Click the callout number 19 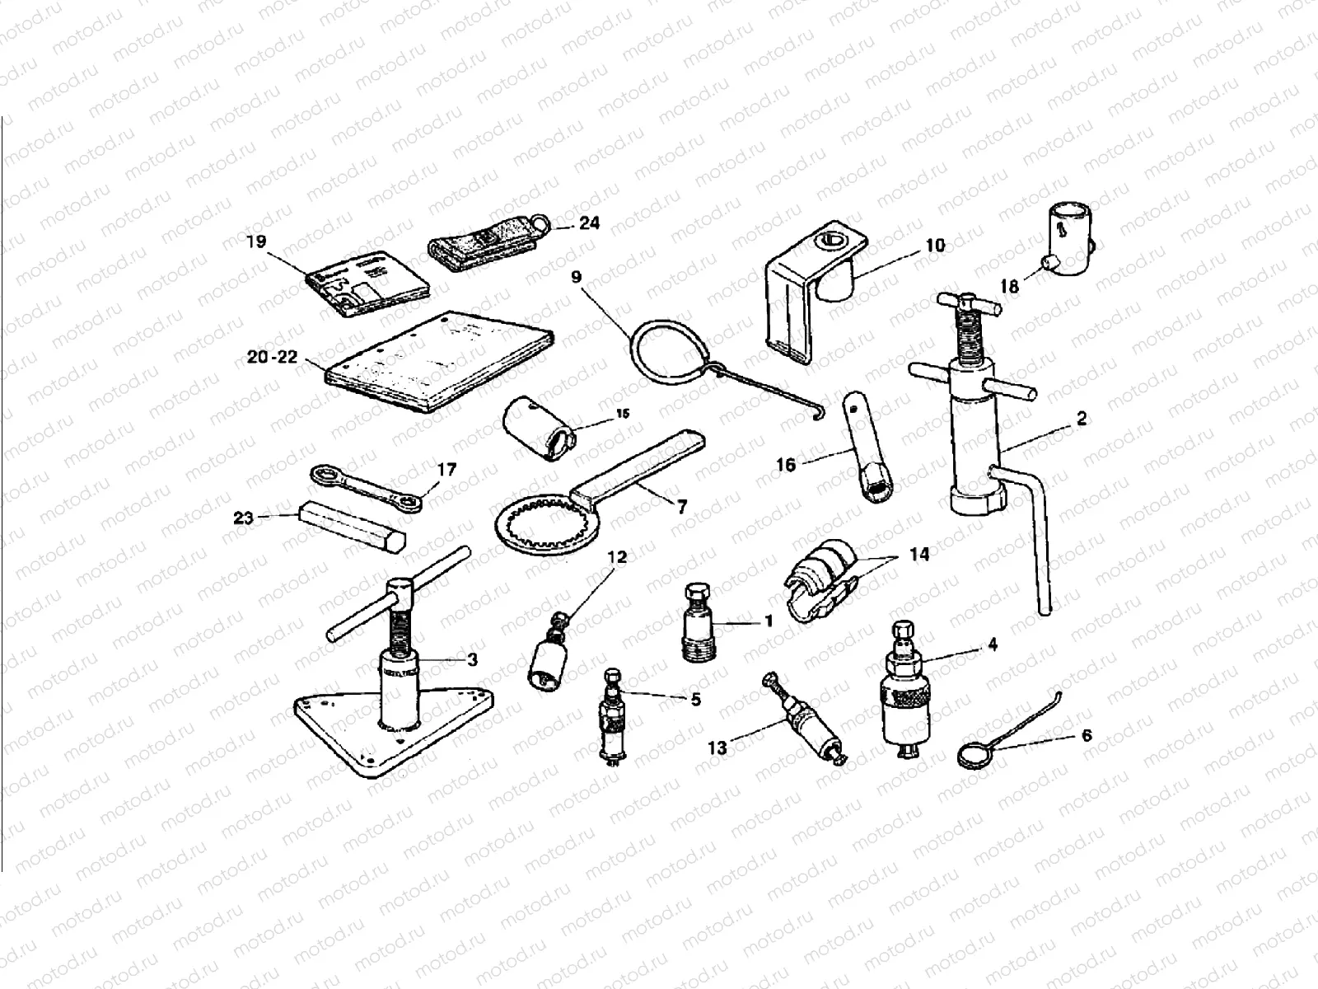click(x=256, y=242)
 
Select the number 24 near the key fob click(x=589, y=223)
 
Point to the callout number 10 click(x=936, y=245)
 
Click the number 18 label click(x=1009, y=286)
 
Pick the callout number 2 click(x=1082, y=420)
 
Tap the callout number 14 click(x=919, y=555)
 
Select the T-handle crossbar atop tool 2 click(x=969, y=305)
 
